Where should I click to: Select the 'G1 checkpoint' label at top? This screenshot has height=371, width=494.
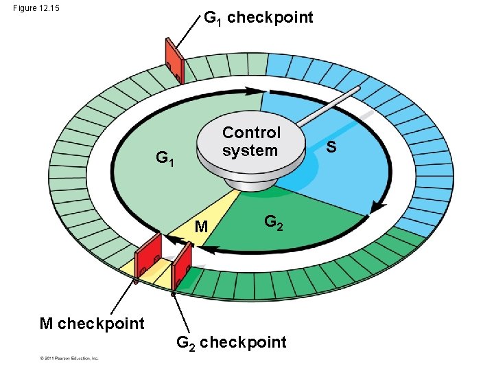(x=259, y=18)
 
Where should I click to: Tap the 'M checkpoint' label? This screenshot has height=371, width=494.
(x=92, y=324)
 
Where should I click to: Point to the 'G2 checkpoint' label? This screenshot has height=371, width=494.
(x=231, y=342)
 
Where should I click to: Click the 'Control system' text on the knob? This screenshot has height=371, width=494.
(x=251, y=142)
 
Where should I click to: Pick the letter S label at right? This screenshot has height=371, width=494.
(x=331, y=146)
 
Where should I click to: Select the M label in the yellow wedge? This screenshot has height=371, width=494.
(x=201, y=227)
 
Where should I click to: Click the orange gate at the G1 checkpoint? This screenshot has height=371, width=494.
(x=174, y=60)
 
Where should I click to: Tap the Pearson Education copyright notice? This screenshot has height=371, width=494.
(x=69, y=358)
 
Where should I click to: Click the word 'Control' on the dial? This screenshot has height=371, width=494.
(x=251, y=133)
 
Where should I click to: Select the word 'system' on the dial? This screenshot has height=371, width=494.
(x=250, y=150)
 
